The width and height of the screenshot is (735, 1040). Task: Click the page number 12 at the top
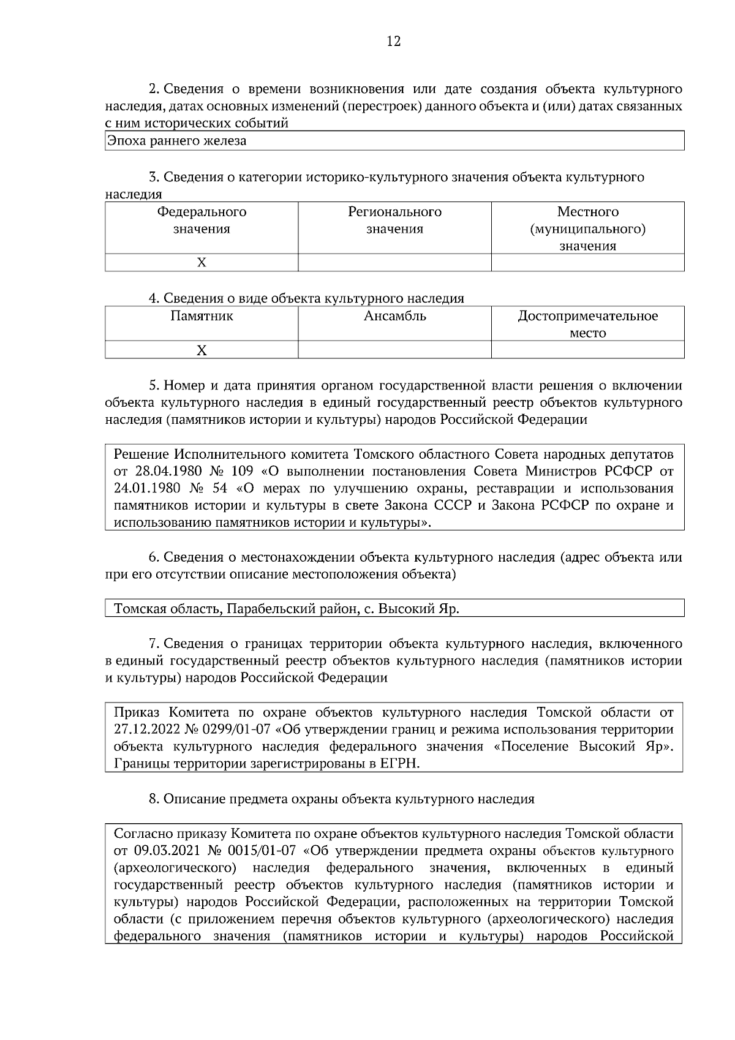click(x=394, y=42)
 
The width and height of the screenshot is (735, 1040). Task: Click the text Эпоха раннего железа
click(x=176, y=141)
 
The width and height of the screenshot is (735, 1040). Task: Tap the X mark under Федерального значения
click(x=202, y=263)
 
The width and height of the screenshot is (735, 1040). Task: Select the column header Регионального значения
click(x=394, y=220)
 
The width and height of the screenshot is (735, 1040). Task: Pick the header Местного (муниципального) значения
click(x=587, y=228)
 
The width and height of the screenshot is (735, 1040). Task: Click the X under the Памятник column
click(x=202, y=350)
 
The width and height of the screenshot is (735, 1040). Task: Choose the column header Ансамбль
click(x=394, y=317)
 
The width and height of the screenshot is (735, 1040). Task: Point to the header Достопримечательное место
click(x=587, y=324)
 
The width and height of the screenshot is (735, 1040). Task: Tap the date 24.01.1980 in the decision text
click(x=145, y=489)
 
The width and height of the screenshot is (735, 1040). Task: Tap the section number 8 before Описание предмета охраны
click(x=153, y=799)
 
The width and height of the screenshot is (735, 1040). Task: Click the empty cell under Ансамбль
click(x=394, y=350)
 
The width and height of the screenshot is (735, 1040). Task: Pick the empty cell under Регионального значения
click(x=394, y=263)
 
